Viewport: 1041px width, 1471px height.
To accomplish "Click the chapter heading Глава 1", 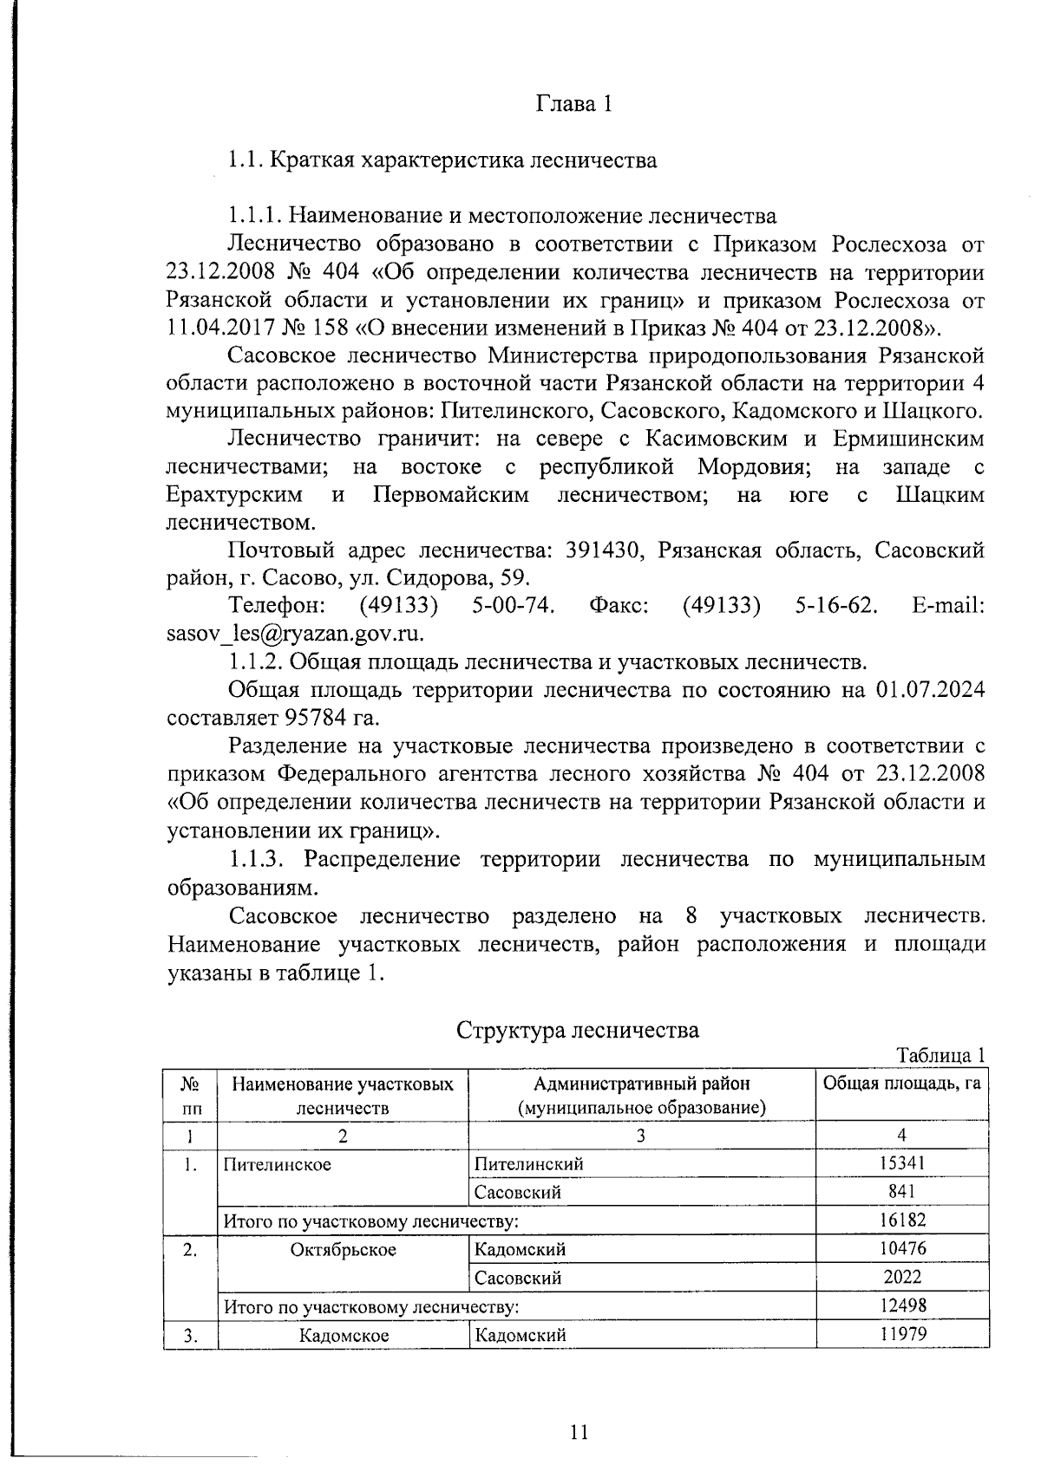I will (x=573, y=104).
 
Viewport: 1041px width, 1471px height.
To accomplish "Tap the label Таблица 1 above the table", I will (x=941, y=1056).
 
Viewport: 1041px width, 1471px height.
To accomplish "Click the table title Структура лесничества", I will (x=578, y=1030).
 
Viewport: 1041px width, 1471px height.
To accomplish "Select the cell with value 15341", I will (x=902, y=1163).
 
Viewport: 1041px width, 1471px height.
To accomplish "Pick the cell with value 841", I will (x=902, y=1192).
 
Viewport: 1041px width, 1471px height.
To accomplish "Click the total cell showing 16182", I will (x=902, y=1220).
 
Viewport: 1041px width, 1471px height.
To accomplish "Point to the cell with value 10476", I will (x=902, y=1249).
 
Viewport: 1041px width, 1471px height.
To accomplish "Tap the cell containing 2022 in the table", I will (x=902, y=1277).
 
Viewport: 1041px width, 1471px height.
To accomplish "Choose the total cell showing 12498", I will (x=902, y=1305).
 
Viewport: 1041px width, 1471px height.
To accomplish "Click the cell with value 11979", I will (x=902, y=1334).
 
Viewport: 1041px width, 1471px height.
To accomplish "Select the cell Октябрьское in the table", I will (x=344, y=1249).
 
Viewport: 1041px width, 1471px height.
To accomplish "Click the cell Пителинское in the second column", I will (x=278, y=1164).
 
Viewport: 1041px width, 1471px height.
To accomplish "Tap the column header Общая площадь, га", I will (x=902, y=1084).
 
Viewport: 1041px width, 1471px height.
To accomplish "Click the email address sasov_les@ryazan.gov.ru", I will (x=295, y=634).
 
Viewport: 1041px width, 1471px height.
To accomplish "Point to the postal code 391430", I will (x=603, y=550).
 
